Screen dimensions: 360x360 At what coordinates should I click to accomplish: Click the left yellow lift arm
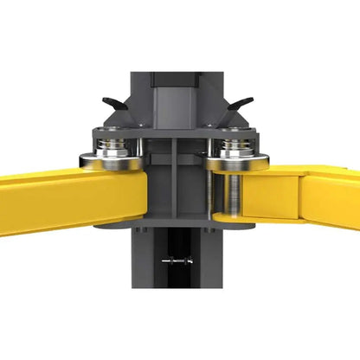(x=52, y=199)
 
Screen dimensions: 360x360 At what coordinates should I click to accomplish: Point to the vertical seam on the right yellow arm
(x=298, y=197)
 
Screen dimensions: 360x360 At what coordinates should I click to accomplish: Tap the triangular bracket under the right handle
(x=239, y=121)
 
